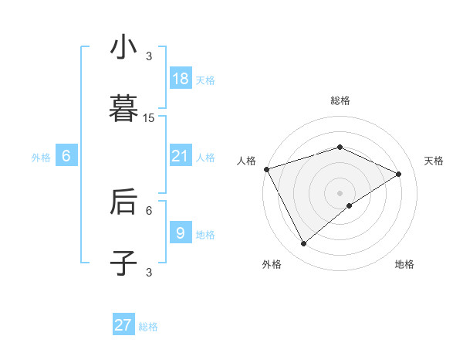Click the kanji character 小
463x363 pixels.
[x=123, y=48]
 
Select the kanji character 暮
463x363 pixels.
[x=123, y=109]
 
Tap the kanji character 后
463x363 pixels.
[x=123, y=202]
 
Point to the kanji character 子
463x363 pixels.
[x=123, y=263]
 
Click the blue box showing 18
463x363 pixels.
[x=181, y=79]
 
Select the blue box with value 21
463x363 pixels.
[x=181, y=156]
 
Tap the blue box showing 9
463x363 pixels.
[x=181, y=232]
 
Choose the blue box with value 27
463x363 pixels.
[x=123, y=325]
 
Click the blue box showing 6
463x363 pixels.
[x=66, y=156]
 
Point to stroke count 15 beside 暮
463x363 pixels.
[x=149, y=118]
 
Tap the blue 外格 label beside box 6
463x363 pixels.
[x=41, y=157]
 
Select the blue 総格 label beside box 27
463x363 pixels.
[x=148, y=327]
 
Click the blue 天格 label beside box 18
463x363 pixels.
[x=205, y=80]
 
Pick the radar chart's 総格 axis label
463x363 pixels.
[x=340, y=100]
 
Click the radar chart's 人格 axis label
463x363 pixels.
[x=247, y=161]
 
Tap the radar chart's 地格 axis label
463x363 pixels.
[x=404, y=264]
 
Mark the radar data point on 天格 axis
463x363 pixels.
[x=399, y=174]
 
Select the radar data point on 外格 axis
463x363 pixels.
[x=304, y=244]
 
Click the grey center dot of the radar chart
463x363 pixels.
[x=340, y=192]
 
